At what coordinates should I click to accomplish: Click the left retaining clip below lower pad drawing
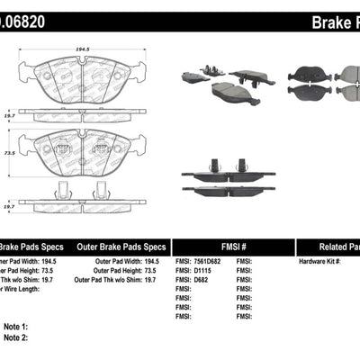tap(62, 191)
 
